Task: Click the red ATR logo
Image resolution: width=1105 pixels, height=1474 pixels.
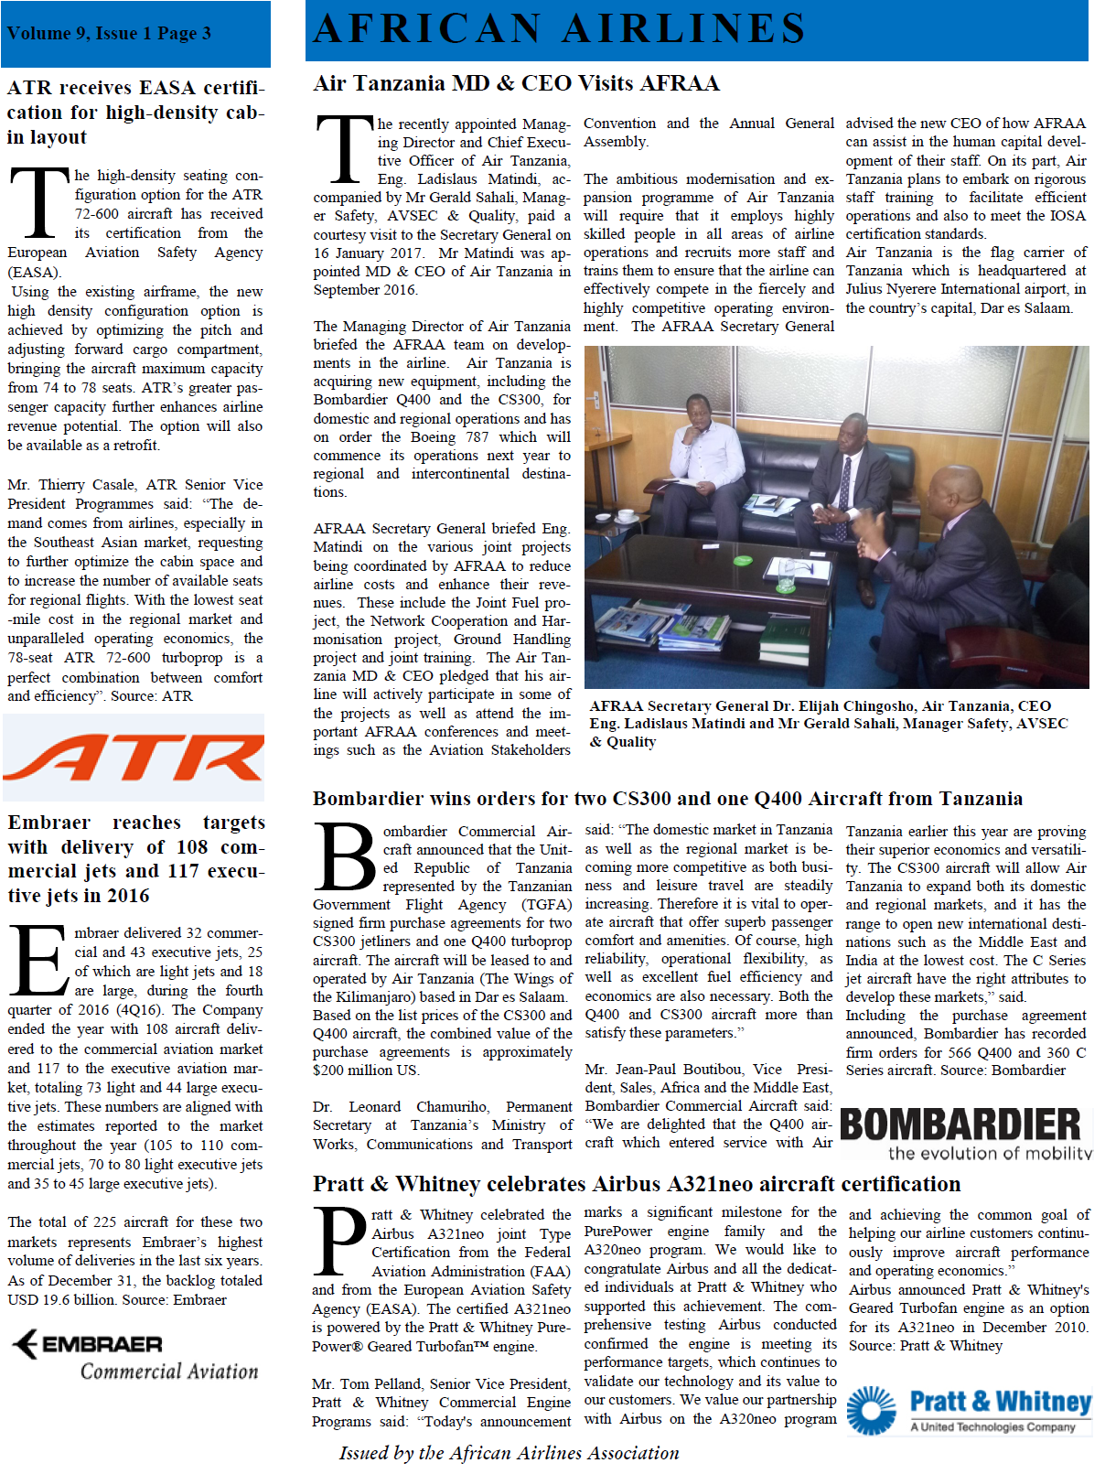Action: tap(134, 757)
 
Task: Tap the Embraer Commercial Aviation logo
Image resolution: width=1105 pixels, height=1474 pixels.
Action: tap(134, 1355)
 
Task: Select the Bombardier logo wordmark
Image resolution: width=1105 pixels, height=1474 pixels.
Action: tap(960, 1124)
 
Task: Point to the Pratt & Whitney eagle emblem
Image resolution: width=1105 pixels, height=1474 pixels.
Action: tap(871, 1410)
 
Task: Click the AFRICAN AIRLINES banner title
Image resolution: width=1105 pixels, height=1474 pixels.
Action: tap(559, 29)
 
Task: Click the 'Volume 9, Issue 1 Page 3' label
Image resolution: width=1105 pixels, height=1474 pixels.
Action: tap(109, 34)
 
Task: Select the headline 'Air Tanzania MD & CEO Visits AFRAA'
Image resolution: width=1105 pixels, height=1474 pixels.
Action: tap(516, 83)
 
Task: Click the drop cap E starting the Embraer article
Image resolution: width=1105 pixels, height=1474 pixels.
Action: tap(39, 961)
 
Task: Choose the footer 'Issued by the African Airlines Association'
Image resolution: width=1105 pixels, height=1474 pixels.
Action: tap(509, 1453)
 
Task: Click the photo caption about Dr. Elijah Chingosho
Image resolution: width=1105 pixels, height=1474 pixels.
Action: tap(828, 723)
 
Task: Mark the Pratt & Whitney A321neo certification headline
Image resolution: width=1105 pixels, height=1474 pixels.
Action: tap(636, 1184)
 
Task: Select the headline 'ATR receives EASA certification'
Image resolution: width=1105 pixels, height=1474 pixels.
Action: tap(135, 113)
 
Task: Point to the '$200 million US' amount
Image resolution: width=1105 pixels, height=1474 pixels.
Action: tap(366, 1071)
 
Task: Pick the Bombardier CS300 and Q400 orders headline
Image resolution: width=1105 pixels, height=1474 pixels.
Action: tap(667, 798)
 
